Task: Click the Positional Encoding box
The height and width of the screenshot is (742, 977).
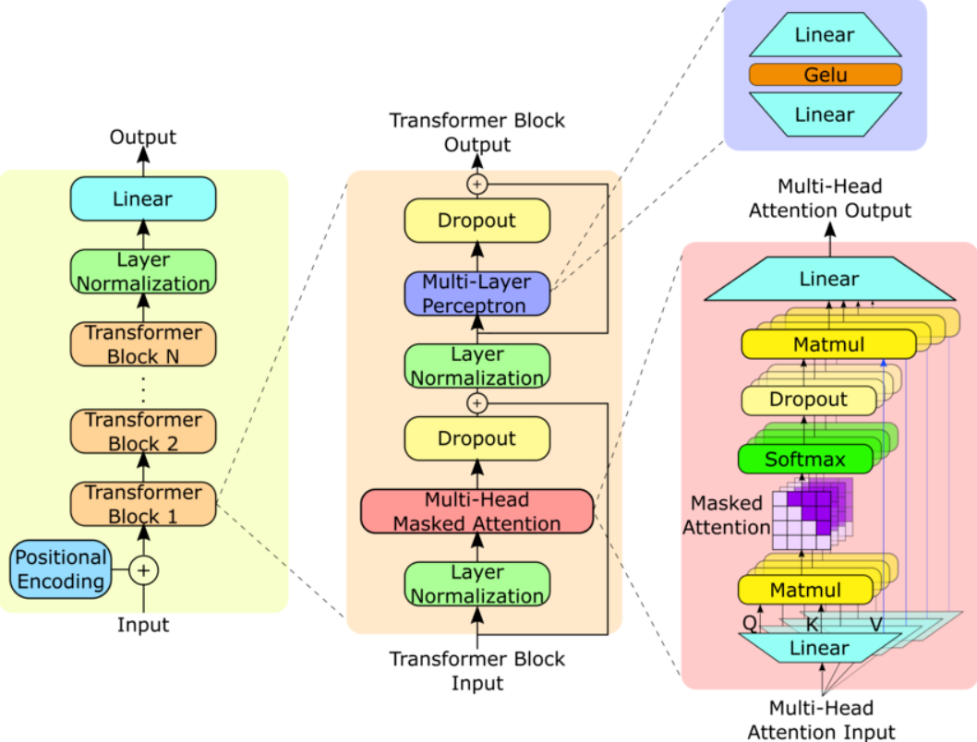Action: click(x=61, y=569)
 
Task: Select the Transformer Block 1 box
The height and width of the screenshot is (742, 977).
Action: click(x=143, y=504)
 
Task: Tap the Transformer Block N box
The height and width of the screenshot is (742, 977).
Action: click(x=143, y=344)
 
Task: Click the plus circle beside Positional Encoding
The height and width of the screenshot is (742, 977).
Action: click(x=143, y=571)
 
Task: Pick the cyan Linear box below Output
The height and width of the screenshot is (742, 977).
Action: click(x=143, y=198)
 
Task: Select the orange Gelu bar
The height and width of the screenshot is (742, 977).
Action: click(x=825, y=75)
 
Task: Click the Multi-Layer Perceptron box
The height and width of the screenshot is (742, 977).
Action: click(x=476, y=293)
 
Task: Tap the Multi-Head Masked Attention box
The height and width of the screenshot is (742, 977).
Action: click(x=476, y=511)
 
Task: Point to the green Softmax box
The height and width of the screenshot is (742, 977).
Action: click(x=805, y=459)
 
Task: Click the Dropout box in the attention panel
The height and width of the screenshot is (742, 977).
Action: click(x=808, y=400)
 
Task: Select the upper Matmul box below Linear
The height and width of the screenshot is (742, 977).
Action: click(x=829, y=345)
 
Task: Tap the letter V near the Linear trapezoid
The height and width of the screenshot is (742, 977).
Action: click(x=875, y=625)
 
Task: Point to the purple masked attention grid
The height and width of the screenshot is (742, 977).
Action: click(x=811, y=516)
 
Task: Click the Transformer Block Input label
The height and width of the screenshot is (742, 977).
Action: click(x=476, y=671)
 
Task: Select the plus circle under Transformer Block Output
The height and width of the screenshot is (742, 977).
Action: click(x=476, y=184)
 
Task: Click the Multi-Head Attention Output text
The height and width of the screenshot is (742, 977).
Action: click(x=829, y=198)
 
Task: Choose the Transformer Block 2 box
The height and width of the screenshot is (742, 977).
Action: click(x=143, y=431)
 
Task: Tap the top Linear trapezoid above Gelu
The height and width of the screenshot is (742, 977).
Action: click(x=825, y=36)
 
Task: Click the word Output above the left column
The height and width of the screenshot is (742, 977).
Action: click(x=143, y=138)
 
